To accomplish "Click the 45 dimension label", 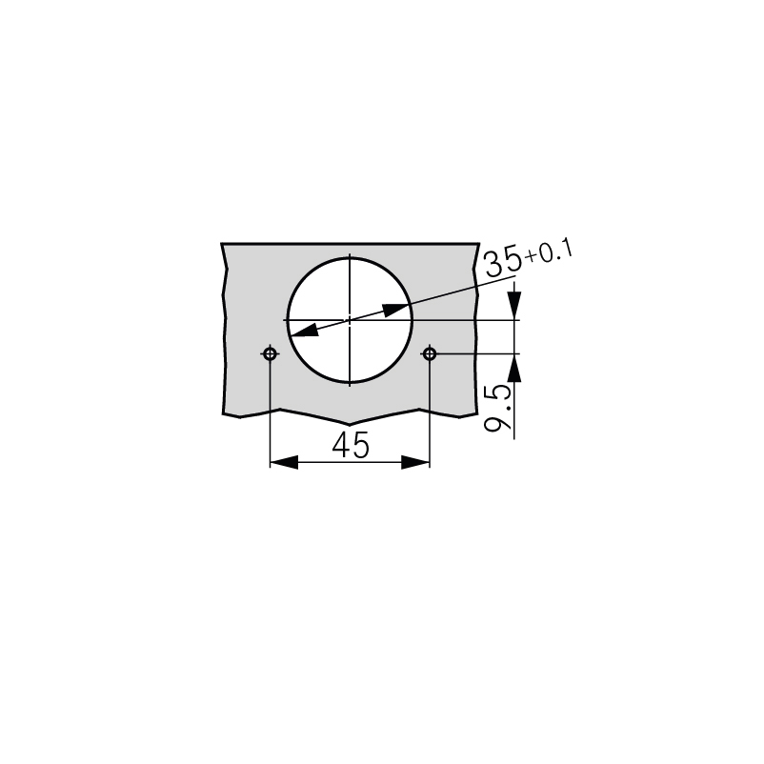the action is pos(351,445).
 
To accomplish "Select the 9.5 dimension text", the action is pos(498,408).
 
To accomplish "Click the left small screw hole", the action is pos(271,353).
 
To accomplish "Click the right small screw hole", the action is pos(430,353).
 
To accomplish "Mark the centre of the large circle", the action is pos(350,320).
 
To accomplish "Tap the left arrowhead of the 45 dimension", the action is pos(284,462).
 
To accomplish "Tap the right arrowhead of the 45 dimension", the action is pos(415,462).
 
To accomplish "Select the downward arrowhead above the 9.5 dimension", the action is pos(514,306).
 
